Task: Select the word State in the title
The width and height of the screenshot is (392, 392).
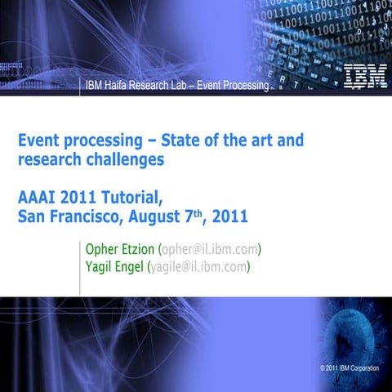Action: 167,140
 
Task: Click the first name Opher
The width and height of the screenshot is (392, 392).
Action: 104,248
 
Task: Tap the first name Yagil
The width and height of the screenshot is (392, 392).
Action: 101,266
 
